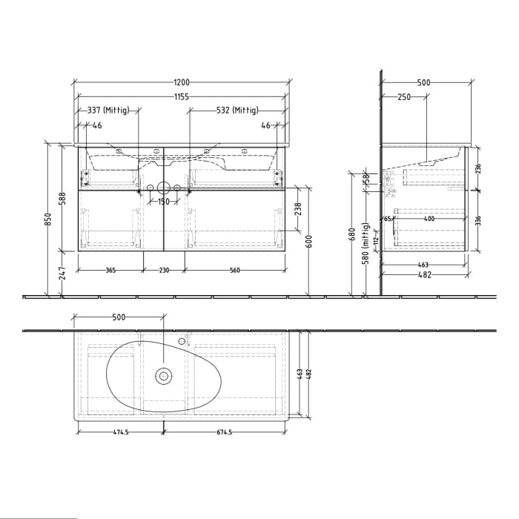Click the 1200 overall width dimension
pos(182,82)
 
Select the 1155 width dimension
pos(182,97)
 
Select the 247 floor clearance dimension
pos(64,274)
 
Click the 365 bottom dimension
pos(110,271)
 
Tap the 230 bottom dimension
pos(164,271)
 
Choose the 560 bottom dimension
pos(235,271)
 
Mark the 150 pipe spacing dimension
pos(164,202)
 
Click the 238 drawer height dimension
pos(298,210)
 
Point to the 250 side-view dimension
pos(404,97)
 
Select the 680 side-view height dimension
pos(351,234)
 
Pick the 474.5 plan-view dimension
pos(118,432)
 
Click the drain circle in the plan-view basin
pos(164,375)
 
